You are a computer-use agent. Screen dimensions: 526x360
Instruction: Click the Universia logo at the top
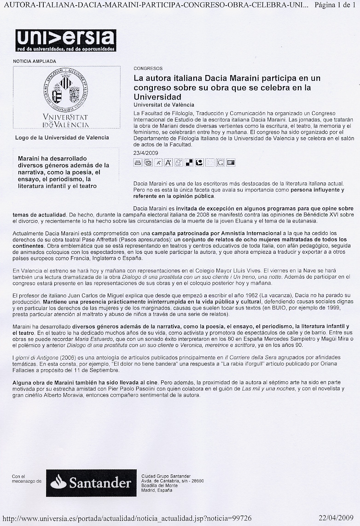point(65,40)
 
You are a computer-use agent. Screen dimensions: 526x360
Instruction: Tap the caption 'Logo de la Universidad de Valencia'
point(62,137)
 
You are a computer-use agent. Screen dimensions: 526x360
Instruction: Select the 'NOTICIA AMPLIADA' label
point(35,61)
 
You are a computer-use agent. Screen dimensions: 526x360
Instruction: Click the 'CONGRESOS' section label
point(147,68)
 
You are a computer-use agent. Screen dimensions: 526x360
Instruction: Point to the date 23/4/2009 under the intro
point(145,153)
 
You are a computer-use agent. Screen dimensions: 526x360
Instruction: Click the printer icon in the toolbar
point(138,163)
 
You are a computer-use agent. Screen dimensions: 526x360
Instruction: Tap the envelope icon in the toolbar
point(148,163)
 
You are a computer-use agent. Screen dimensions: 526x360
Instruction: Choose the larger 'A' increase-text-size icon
point(168,163)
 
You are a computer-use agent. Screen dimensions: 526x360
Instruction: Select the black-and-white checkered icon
point(189,163)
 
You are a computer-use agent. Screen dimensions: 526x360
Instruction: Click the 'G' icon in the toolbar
point(221,163)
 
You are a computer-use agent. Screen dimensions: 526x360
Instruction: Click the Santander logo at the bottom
point(91,482)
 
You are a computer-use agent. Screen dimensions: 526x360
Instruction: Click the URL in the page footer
point(127,518)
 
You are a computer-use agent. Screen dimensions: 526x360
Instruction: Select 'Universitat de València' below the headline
point(163,105)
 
